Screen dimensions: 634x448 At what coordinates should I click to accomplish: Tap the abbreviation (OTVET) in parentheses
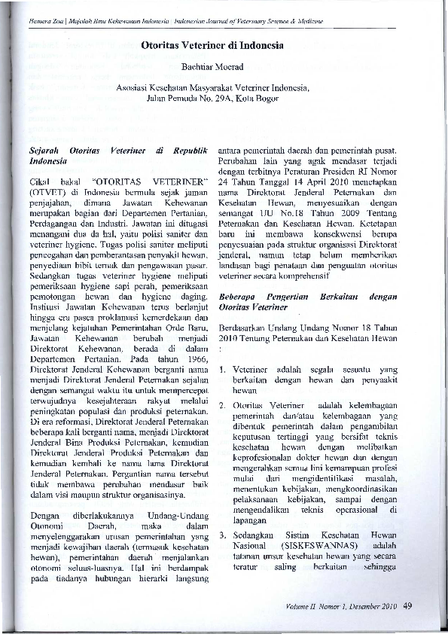tap(47, 192)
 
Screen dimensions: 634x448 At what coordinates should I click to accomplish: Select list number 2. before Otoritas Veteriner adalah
tap(223, 406)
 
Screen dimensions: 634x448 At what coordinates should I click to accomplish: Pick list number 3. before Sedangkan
tap(223, 533)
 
